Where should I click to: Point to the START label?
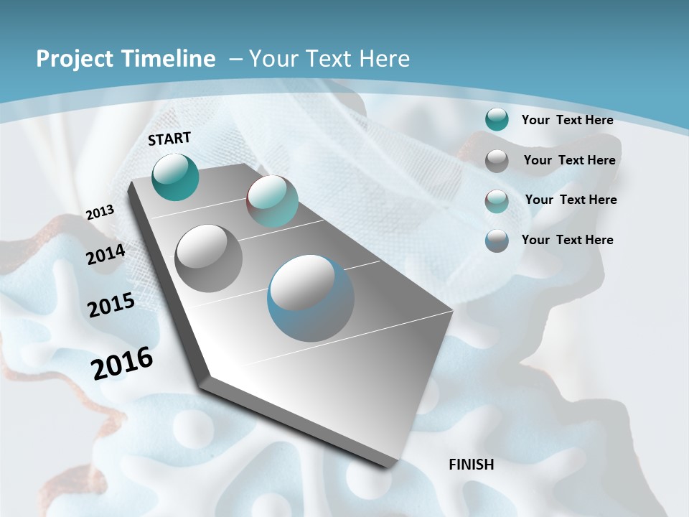tap(169, 139)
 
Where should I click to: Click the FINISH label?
tap(472, 465)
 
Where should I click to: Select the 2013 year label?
tap(100, 212)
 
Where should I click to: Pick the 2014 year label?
tap(106, 254)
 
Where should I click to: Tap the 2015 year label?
tap(111, 304)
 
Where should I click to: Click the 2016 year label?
tap(122, 363)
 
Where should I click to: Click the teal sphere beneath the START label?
tap(175, 177)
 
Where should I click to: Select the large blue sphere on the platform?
tap(310, 298)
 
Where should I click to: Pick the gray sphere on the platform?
tap(209, 258)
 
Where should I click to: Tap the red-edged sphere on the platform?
tap(272, 201)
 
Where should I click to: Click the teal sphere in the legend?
tap(497, 119)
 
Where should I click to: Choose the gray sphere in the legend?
tap(497, 161)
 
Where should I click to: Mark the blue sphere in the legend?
tap(497, 241)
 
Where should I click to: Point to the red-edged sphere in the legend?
tap(497, 201)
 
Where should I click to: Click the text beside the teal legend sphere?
tap(567, 120)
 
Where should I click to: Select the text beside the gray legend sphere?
tap(569, 160)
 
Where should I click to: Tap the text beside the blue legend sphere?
tap(567, 240)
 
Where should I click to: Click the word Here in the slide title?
tap(384, 59)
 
